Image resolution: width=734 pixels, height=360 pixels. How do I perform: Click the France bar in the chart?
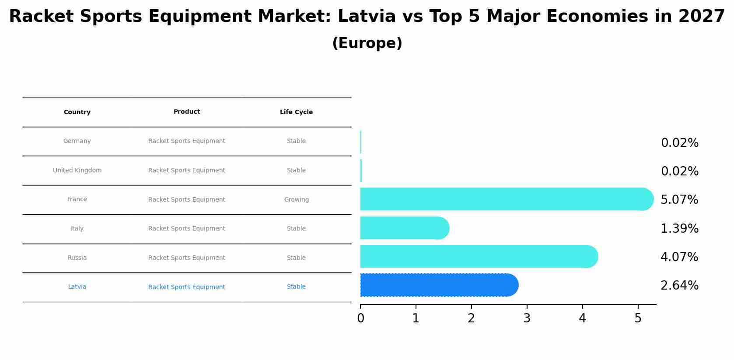[x=503, y=199]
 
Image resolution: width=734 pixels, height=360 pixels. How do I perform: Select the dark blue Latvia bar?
[x=437, y=285]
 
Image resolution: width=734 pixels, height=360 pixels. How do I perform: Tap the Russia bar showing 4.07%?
[x=477, y=256]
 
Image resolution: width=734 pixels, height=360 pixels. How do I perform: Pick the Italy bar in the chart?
[x=402, y=228]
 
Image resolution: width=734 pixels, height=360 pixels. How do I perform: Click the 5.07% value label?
[x=679, y=200]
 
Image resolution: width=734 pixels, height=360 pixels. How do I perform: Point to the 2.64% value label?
[x=679, y=286]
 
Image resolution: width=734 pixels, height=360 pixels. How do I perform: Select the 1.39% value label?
[x=679, y=229]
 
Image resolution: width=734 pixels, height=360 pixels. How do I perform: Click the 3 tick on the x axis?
[x=527, y=318]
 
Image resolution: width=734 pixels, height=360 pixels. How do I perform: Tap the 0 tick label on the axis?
[x=360, y=318]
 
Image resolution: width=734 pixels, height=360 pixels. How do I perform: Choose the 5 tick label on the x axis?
[x=638, y=318]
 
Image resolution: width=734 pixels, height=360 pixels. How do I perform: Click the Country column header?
[x=77, y=112]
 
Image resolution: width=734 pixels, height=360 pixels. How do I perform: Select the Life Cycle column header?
[x=296, y=112]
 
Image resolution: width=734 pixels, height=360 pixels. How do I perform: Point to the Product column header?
[x=187, y=112]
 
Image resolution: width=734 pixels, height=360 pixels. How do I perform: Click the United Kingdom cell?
[x=77, y=171]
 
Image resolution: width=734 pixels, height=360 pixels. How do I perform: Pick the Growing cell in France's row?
[x=296, y=200]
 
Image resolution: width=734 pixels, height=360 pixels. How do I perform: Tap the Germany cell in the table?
[x=77, y=141]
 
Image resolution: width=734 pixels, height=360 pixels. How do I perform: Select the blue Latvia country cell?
[x=77, y=287]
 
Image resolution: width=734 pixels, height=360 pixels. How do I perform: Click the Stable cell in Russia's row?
[x=296, y=258]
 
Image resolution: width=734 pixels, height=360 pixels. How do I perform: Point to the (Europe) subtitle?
[x=367, y=44]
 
